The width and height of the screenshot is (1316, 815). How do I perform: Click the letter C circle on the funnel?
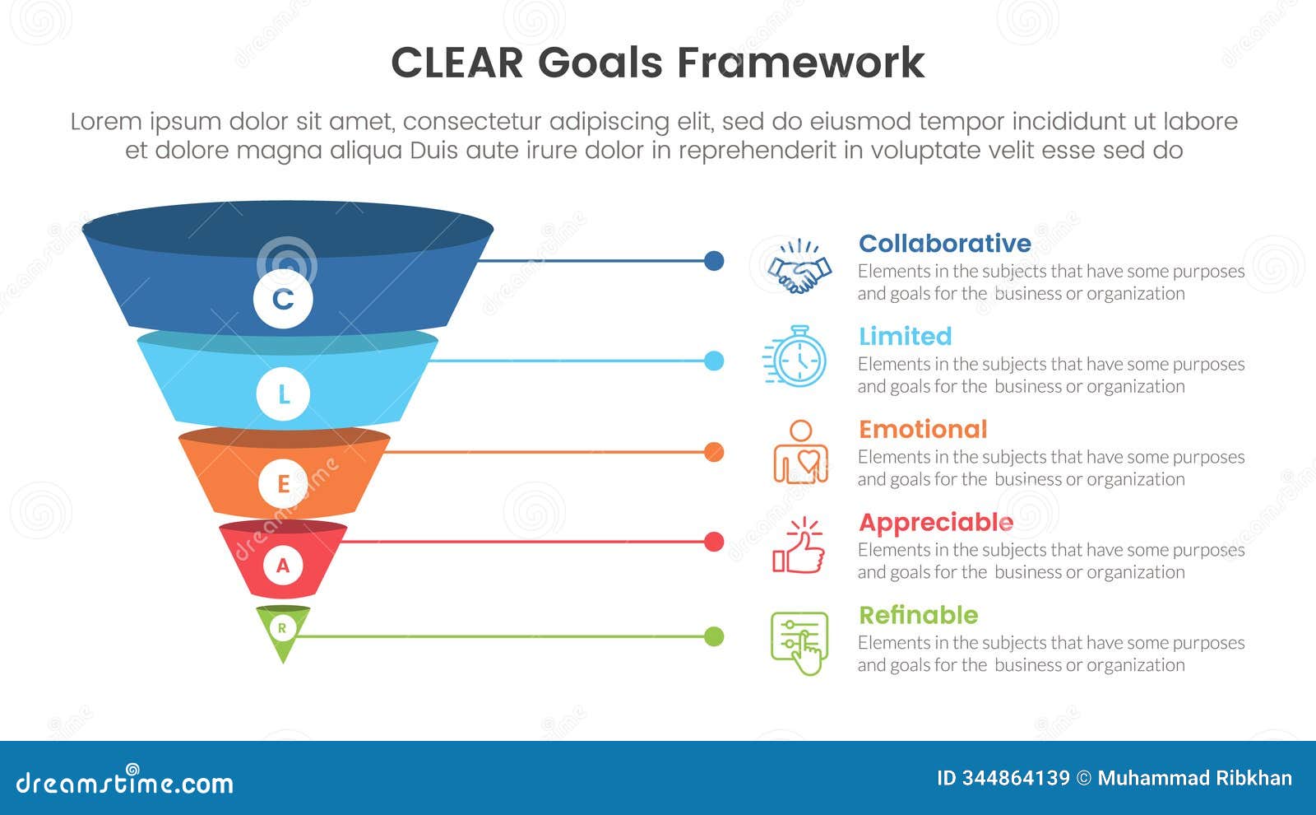[x=283, y=298]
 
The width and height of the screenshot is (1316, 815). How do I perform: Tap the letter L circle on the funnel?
[x=283, y=394]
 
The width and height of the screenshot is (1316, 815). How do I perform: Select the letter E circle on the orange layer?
[x=283, y=483]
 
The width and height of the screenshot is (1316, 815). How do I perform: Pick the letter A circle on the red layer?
[x=283, y=566]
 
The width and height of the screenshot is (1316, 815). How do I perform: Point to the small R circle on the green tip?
[x=282, y=628]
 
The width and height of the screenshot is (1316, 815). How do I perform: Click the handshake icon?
[x=799, y=268]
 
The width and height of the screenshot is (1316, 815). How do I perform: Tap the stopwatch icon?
[x=796, y=357]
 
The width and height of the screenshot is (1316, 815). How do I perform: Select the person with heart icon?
[x=799, y=452]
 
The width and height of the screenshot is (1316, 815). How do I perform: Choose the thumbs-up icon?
[x=799, y=546]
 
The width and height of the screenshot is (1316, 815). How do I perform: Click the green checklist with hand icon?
[x=799, y=643]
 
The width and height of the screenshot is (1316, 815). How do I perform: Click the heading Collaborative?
[x=944, y=244]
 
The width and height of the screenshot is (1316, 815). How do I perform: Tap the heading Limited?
[x=905, y=337]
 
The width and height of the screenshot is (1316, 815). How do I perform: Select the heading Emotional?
[x=922, y=430]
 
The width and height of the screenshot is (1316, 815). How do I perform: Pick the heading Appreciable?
[x=935, y=523]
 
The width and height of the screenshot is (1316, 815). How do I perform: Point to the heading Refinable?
[x=918, y=616]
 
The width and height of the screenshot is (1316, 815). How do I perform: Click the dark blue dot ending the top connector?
[x=714, y=261]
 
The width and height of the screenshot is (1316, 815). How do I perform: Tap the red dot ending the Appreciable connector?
[x=714, y=542]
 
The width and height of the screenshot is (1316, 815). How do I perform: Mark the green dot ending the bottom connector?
[x=714, y=636]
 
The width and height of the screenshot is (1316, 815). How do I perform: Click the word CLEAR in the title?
[x=456, y=63]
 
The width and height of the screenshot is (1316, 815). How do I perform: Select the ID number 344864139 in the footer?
[x=1015, y=778]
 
